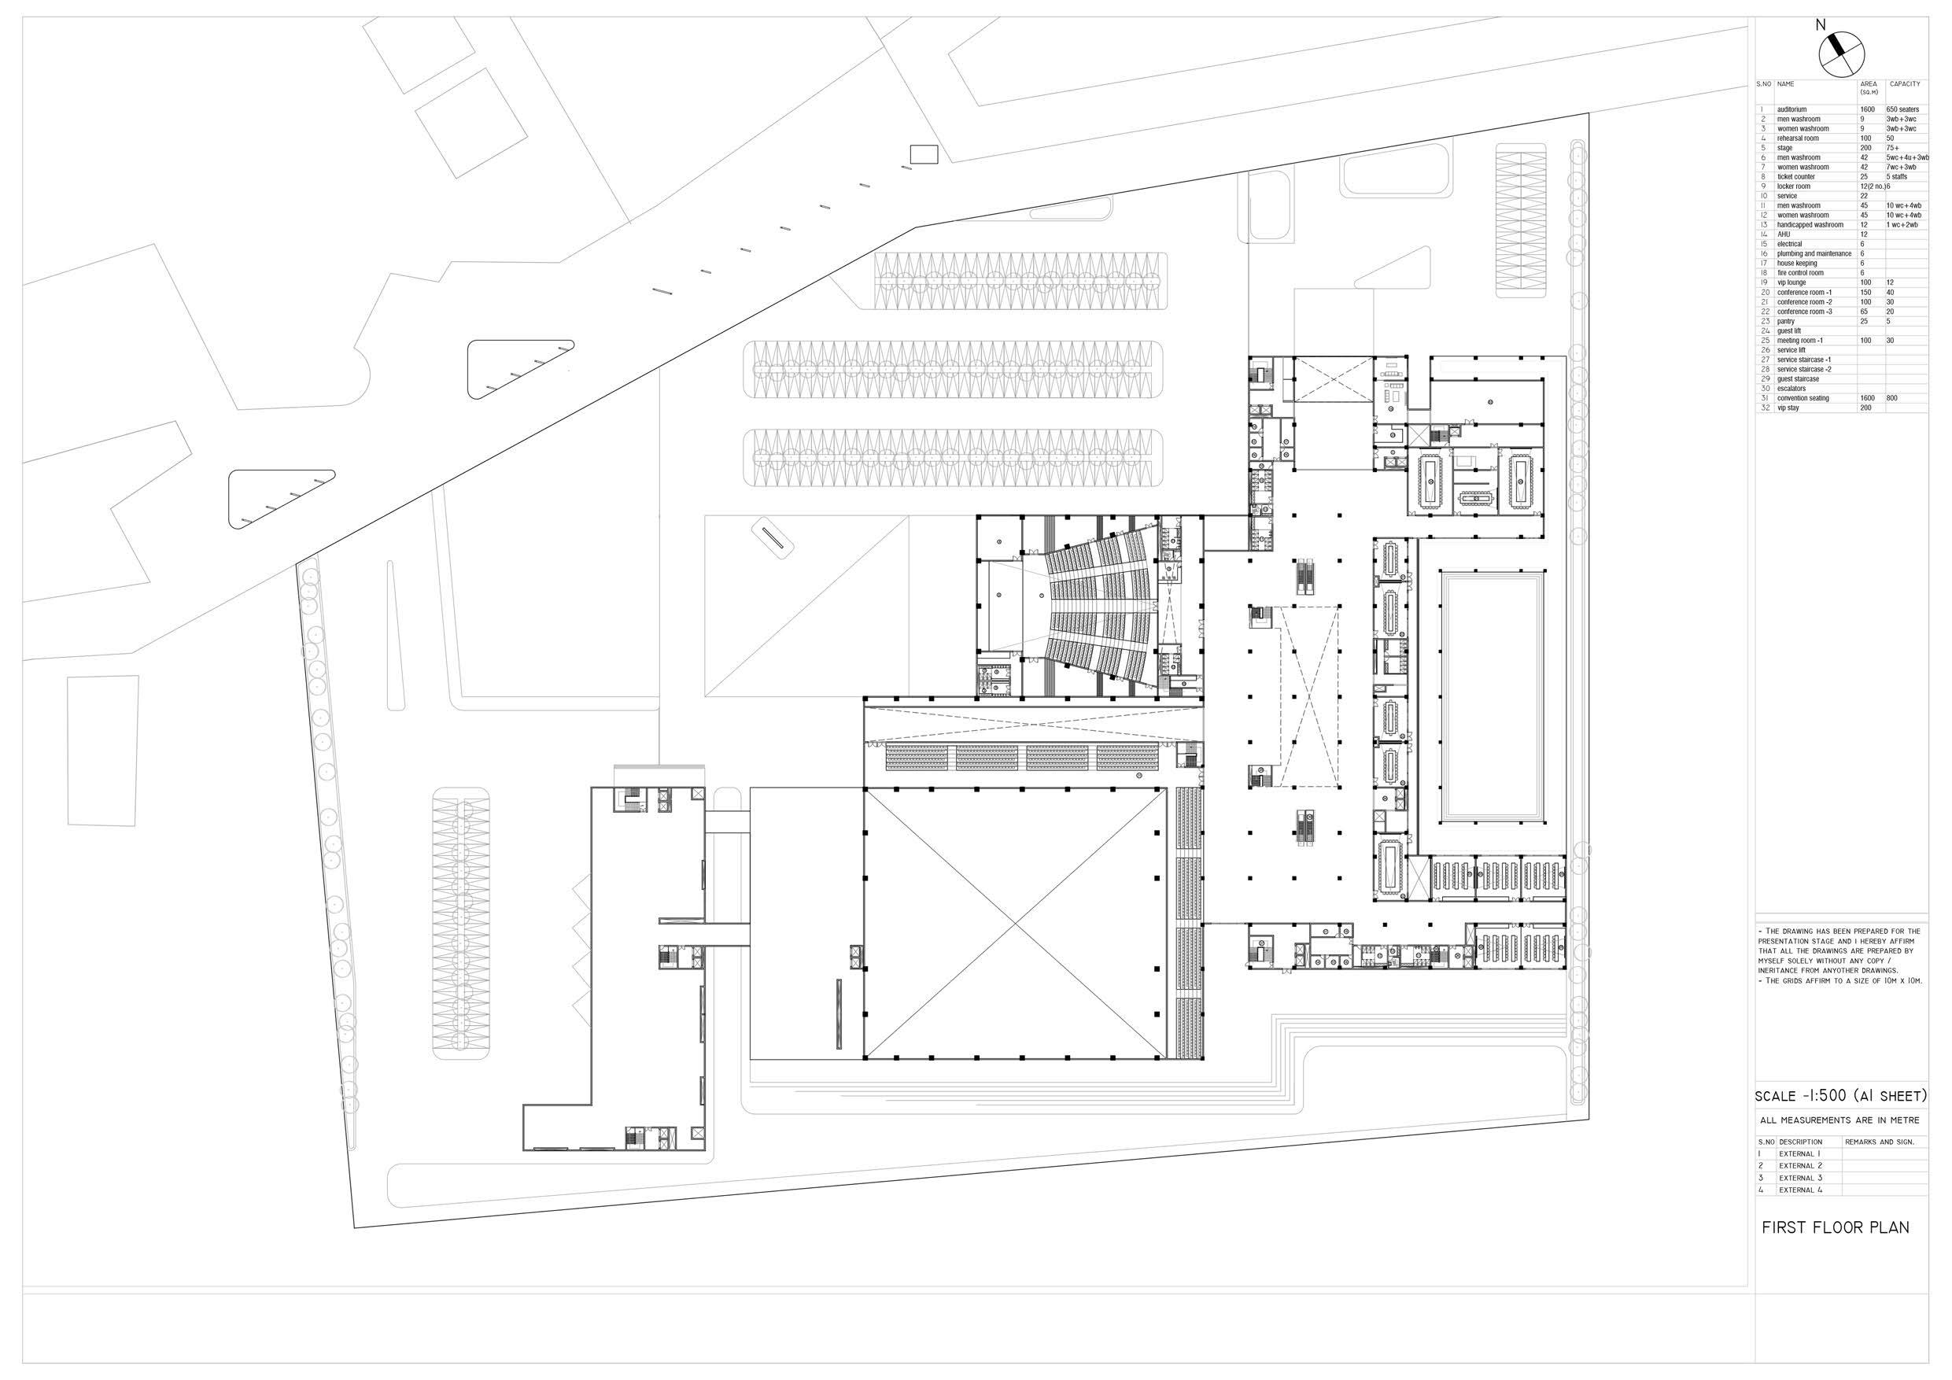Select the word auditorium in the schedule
pyautogui.click(x=1791, y=109)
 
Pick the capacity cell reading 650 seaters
pyautogui.click(x=1901, y=109)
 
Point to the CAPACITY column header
pyautogui.click(x=1904, y=84)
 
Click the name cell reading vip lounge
pyautogui.click(x=1791, y=282)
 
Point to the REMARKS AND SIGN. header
pyautogui.click(x=1879, y=1142)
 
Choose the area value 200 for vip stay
pyautogui.click(x=1865, y=408)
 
